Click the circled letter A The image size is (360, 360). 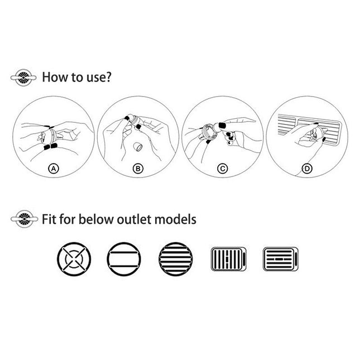tap(54, 169)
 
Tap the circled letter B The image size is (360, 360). tap(138, 169)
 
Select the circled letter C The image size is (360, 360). tap(223, 169)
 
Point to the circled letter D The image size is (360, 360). tap(307, 169)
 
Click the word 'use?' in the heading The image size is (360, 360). tap(99, 78)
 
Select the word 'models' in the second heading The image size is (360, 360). tap(175, 219)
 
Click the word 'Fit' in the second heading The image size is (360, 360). tap(49, 219)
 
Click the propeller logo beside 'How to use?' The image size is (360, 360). tap(23, 78)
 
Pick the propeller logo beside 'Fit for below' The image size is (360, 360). tap(24, 219)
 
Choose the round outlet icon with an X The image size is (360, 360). tap(74, 259)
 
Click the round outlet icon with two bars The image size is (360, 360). tap(124, 259)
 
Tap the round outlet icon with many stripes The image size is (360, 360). tap(176, 259)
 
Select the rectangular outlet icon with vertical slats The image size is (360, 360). tap(228, 259)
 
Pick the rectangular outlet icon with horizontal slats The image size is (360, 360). tap(281, 259)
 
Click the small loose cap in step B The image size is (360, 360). tap(138, 147)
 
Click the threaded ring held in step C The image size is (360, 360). tap(206, 132)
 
